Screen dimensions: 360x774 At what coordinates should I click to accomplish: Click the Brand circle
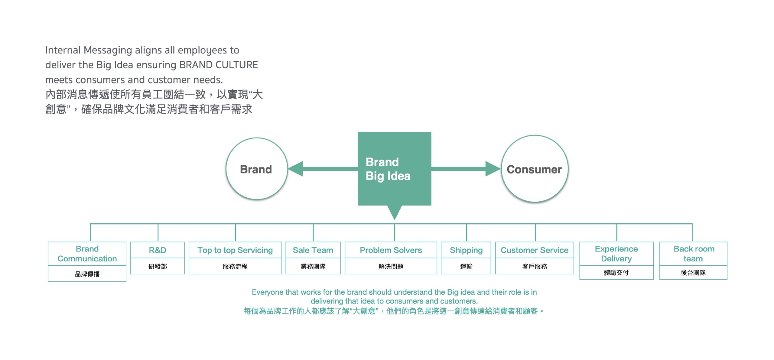pos(256,169)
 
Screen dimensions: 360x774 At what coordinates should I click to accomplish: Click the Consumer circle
pos(534,169)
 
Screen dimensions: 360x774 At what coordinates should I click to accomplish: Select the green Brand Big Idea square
pos(394,169)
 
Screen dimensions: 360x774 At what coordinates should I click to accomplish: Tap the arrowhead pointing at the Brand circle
pos(296,169)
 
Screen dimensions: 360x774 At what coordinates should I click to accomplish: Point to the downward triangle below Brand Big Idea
pos(394,212)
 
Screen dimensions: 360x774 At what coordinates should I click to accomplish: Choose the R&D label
pos(158,250)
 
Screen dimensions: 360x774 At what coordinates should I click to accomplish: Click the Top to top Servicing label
pos(235,250)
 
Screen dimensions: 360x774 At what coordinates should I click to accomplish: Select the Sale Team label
pos(313,250)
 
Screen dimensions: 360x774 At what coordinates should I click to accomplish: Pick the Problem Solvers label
pos(391,250)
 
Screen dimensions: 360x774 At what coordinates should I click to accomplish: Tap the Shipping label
pos(466,250)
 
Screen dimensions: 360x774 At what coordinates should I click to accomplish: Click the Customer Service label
pos(534,250)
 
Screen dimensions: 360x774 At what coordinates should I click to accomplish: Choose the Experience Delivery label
pos(616,254)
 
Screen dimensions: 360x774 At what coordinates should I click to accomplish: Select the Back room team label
pos(694,254)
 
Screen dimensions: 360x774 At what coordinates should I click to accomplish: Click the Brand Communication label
pos(87,254)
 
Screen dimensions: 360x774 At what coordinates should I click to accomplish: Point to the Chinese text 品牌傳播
pos(87,274)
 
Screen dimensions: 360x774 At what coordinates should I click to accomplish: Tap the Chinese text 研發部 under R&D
pos(158,267)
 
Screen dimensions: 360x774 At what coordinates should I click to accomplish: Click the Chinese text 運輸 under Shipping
pos(466,267)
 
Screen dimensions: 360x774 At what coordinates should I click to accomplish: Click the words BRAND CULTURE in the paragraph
pos(218,65)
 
